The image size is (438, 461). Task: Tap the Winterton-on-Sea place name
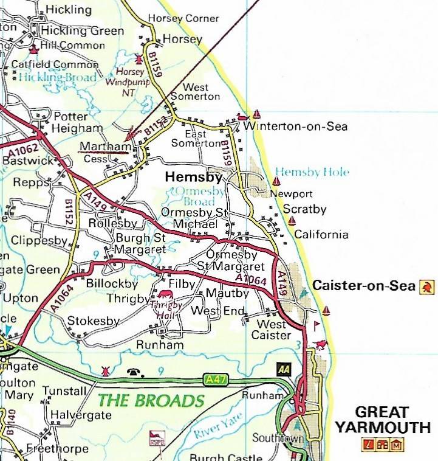pyautogui.click(x=295, y=127)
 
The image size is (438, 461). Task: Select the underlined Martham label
pyautogui.click(x=105, y=147)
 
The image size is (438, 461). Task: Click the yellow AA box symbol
pyautogui.click(x=284, y=369)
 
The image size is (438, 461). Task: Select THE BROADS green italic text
pyautogui.click(x=151, y=401)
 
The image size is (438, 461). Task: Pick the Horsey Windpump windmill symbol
pyautogui.click(x=139, y=60)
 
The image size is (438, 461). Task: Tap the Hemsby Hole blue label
pyautogui.click(x=312, y=172)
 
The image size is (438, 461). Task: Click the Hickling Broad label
pyautogui.click(x=57, y=78)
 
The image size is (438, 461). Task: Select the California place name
pyautogui.click(x=321, y=235)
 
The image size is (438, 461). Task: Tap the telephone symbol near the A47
pyautogui.click(x=132, y=371)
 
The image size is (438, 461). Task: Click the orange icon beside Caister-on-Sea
pyautogui.click(x=427, y=286)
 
